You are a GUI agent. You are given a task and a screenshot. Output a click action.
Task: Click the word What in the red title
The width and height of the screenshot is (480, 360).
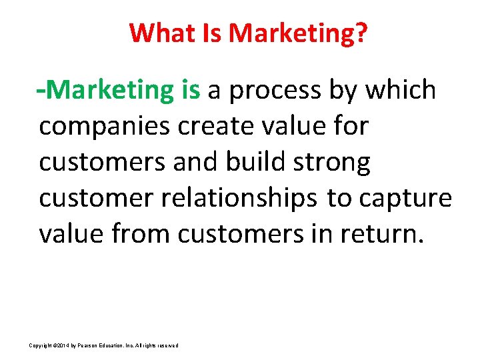[x=158, y=32]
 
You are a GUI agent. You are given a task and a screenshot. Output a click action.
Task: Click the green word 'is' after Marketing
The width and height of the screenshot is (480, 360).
[x=190, y=90]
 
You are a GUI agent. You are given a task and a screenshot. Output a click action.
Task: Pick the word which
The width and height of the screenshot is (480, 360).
[x=402, y=90]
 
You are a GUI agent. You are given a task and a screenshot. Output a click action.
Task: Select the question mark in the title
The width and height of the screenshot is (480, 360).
[x=361, y=32]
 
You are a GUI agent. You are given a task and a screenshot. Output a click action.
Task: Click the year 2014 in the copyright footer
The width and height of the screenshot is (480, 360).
[x=63, y=345]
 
